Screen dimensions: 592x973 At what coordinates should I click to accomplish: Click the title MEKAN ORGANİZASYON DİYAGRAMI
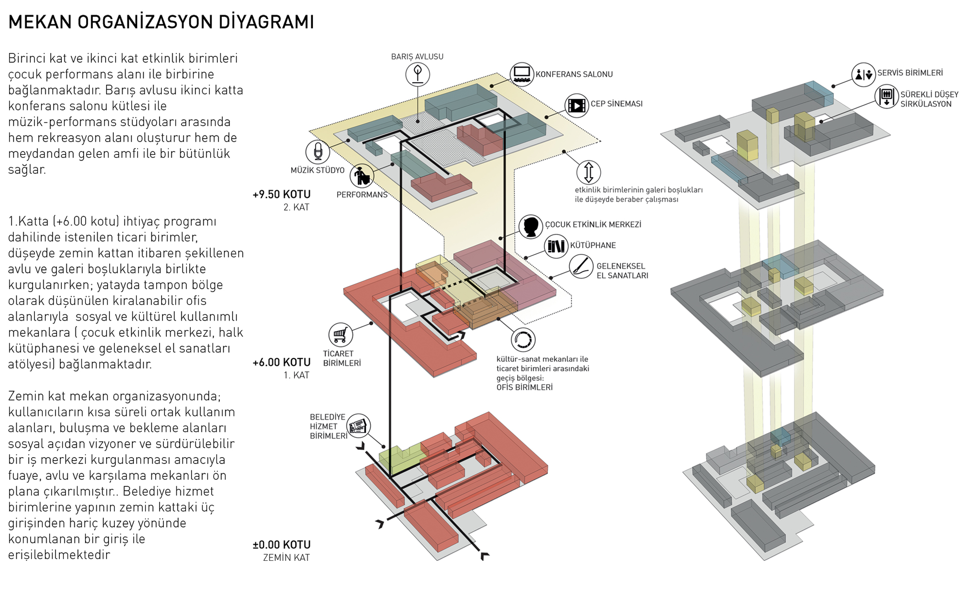point(161,22)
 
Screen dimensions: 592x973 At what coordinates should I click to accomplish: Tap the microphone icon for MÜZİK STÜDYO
point(318,151)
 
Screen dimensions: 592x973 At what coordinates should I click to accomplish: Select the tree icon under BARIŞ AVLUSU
point(417,74)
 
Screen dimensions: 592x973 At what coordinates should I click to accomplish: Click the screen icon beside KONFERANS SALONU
point(522,74)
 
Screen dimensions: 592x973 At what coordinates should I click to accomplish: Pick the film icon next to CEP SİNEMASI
point(577,105)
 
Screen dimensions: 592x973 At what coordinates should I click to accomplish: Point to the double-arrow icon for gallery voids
point(588,172)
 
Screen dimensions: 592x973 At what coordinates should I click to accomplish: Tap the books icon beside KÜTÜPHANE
point(556,246)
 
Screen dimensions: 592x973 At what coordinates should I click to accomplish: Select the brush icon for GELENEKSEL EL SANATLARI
point(581,266)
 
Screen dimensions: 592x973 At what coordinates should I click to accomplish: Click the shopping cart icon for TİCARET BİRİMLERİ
point(340,335)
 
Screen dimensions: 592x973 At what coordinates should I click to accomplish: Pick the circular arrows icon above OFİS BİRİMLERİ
point(523,339)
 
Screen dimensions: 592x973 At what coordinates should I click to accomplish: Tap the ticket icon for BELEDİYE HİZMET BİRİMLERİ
point(359,426)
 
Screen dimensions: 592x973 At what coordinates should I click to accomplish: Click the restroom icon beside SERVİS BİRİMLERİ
point(864,74)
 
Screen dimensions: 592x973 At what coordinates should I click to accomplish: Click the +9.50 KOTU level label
point(281,194)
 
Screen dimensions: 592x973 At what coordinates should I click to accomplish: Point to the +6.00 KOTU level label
point(281,362)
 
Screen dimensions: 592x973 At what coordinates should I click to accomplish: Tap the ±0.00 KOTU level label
point(281,545)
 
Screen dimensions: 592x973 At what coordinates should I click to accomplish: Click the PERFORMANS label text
point(361,195)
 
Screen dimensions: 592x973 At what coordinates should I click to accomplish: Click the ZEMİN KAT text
point(286,558)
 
